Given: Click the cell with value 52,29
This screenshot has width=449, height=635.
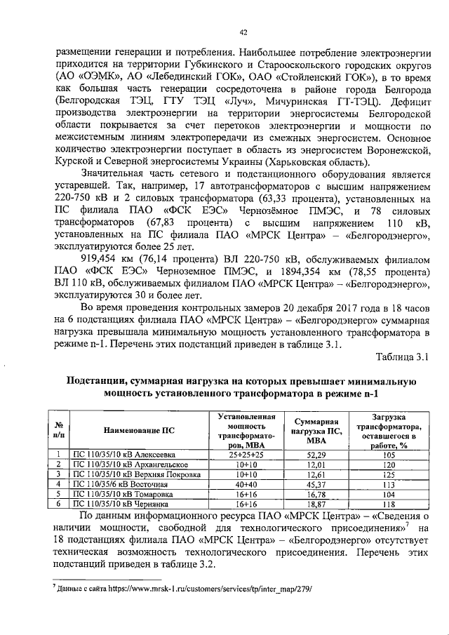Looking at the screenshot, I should (317, 455).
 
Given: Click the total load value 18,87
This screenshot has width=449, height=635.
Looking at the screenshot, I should (317, 503).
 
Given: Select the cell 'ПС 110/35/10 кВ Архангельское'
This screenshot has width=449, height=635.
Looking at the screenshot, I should (122, 464).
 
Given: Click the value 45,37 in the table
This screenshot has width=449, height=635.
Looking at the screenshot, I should (317, 483).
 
